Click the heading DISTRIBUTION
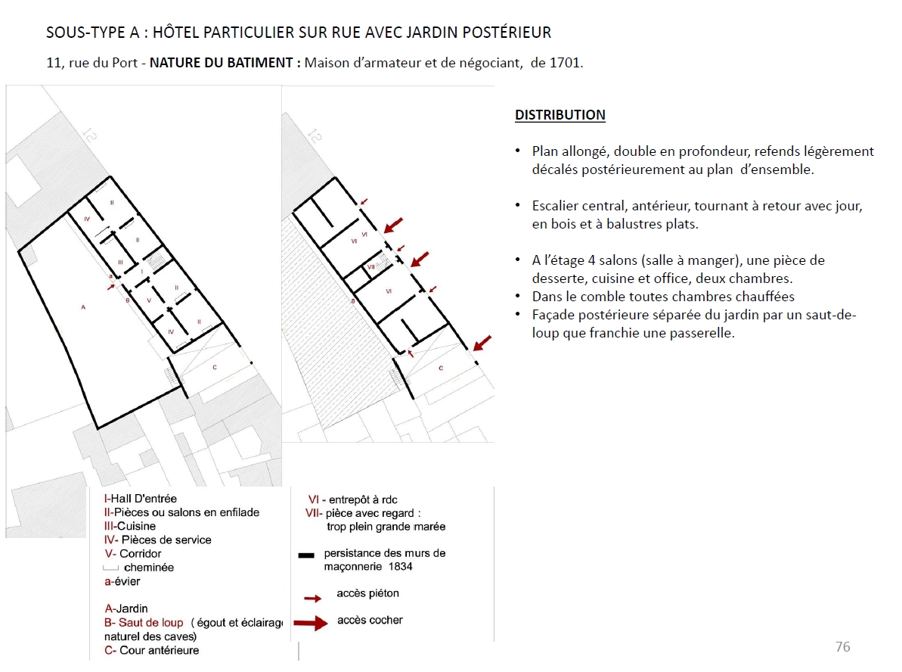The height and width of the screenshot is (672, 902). point(559,115)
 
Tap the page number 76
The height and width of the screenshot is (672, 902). point(842,646)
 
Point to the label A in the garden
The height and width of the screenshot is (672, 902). point(83,307)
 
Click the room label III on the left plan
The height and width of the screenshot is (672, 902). point(120,263)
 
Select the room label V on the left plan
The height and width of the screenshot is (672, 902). point(149,300)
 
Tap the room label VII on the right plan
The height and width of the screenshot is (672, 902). point(370,268)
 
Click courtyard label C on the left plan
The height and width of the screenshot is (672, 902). point(215,367)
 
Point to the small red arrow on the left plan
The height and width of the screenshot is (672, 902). point(112,287)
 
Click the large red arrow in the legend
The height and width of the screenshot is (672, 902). point(310,623)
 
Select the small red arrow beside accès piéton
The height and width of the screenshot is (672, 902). point(312,598)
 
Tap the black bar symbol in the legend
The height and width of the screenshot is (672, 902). point(306,555)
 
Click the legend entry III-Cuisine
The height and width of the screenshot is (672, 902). point(130,526)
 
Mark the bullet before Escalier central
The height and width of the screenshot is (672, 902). point(517,206)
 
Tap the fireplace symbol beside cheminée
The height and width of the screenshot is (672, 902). point(110,568)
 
